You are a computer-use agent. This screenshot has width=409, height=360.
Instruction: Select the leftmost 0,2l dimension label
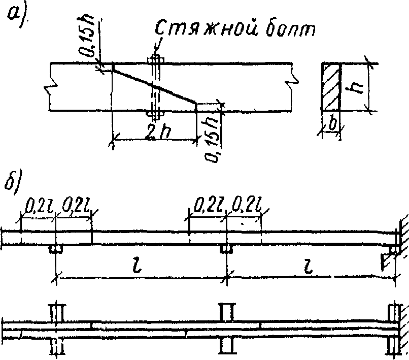click(x=37, y=207)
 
